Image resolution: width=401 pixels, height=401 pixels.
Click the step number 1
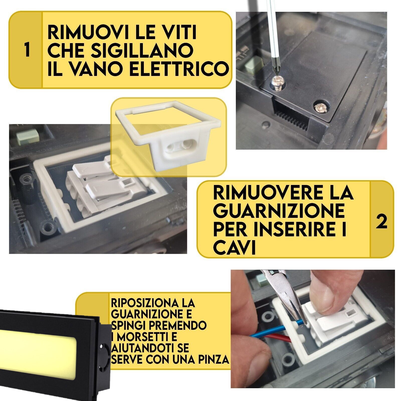tap(27, 50)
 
